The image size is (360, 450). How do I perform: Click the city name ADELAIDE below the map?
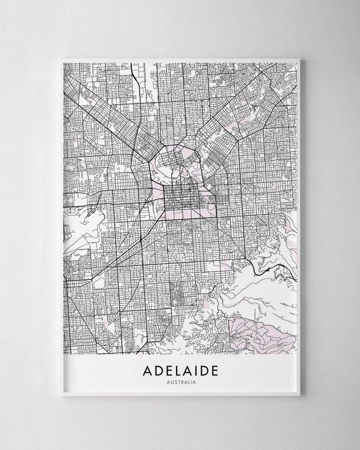(x=180, y=371)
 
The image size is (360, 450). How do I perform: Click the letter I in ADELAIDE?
(x=196, y=371)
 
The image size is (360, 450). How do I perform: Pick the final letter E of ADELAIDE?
(x=214, y=371)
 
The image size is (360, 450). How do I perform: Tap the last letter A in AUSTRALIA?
(x=194, y=382)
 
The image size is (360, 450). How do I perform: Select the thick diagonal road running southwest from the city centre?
(x=136, y=234)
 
